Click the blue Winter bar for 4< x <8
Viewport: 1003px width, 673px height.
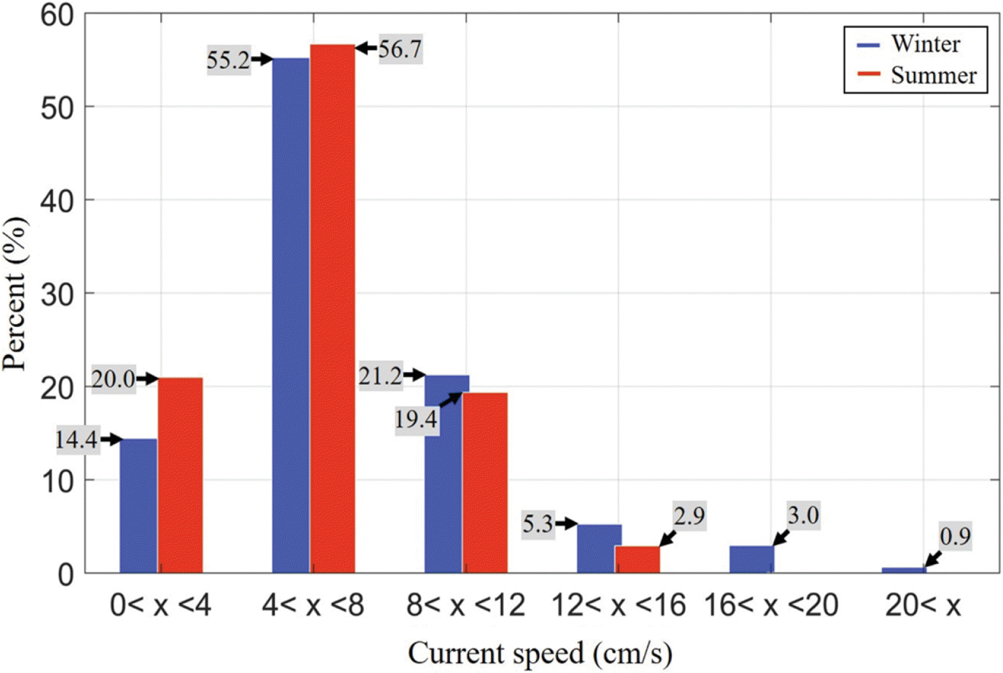pos(291,315)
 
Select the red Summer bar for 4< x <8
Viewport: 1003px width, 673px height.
pos(332,309)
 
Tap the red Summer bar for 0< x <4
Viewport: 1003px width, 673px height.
pos(180,475)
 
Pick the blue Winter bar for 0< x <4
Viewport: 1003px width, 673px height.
pos(138,506)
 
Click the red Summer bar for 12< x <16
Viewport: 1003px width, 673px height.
pos(637,560)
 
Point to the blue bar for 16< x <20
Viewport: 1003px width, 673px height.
pos(752,559)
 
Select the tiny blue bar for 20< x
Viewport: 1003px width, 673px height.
pos(904,570)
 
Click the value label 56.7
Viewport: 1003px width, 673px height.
pos(400,49)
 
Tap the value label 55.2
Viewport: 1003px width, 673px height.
pos(228,60)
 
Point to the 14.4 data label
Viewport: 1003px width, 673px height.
pos(76,439)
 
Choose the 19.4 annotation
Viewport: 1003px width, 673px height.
pos(416,420)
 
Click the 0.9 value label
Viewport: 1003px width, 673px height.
pos(955,537)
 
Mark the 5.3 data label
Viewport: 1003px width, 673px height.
pos(538,524)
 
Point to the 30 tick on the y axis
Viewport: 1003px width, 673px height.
pos(58,294)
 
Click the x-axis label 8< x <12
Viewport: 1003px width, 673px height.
pos(466,605)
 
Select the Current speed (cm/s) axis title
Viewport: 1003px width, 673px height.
pos(540,653)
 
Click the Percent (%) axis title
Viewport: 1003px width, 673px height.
pos(15,294)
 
